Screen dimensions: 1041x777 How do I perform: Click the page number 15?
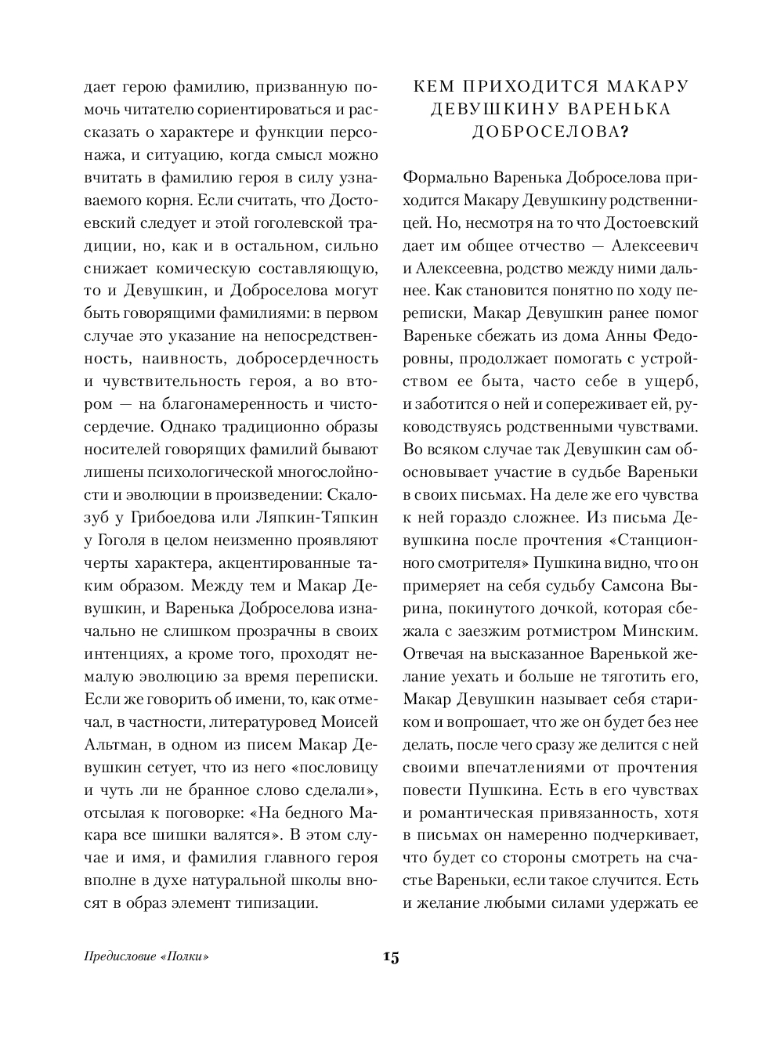[391, 956]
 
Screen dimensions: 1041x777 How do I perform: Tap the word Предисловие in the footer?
[117, 957]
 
